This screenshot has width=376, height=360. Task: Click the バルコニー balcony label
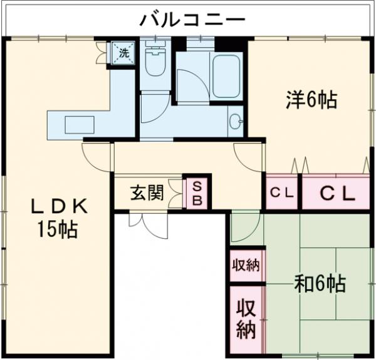click(192, 19)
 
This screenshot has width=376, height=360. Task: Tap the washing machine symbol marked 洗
click(122, 53)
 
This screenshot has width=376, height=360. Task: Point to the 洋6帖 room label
click(312, 99)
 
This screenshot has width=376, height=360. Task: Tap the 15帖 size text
click(56, 230)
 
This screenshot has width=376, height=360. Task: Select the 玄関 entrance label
click(147, 192)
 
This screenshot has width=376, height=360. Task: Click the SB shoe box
click(197, 193)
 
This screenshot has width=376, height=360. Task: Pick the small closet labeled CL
click(283, 193)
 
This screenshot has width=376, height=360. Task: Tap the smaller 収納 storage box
click(245, 265)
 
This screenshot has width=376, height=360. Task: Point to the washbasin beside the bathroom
click(236, 121)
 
